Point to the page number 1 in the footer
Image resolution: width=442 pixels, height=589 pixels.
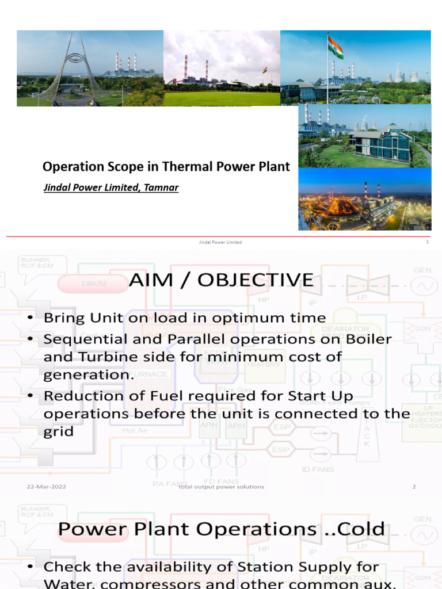tap(428, 242)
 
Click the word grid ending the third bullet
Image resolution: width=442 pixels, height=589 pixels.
tap(59, 431)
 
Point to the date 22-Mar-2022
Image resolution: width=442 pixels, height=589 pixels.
tap(47, 487)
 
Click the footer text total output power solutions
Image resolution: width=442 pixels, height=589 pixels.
tap(221, 487)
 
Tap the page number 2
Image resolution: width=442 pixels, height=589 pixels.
tap(414, 487)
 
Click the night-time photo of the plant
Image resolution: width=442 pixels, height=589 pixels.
tap(364, 199)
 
